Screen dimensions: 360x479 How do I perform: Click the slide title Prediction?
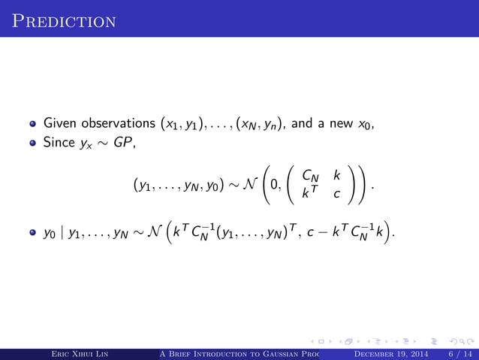pos(64,19)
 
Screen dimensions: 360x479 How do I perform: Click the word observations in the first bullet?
pos(113,123)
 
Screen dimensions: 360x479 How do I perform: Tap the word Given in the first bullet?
pos(59,123)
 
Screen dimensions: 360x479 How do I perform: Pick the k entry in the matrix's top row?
pos(337,176)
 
